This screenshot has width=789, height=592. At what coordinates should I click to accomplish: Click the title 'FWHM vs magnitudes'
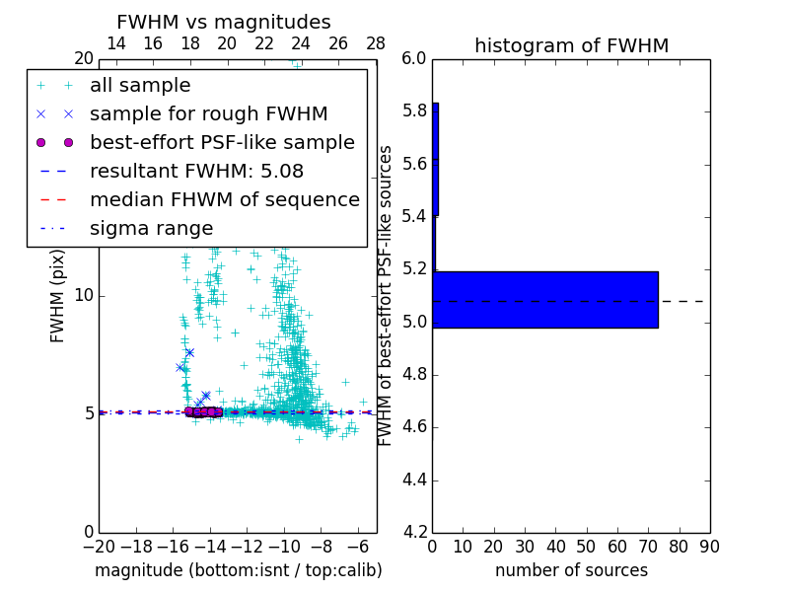(x=224, y=22)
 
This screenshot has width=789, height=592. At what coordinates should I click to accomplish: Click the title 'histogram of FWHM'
(x=571, y=45)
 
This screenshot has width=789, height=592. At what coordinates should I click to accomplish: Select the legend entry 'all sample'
(x=140, y=86)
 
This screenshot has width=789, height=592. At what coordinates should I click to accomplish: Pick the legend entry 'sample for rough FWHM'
(x=209, y=114)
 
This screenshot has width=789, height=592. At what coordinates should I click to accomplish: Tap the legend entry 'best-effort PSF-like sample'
(x=222, y=143)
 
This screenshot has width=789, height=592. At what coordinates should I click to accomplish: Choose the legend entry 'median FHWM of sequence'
(x=224, y=200)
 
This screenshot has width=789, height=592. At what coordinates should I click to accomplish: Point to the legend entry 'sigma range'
(x=151, y=229)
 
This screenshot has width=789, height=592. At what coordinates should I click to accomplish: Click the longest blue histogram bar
(x=545, y=300)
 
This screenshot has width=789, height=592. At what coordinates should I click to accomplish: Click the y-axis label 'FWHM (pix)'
(x=58, y=296)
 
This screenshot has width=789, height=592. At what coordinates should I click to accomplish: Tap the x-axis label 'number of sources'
(x=571, y=570)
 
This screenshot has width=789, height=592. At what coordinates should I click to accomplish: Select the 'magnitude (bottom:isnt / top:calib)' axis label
(x=238, y=570)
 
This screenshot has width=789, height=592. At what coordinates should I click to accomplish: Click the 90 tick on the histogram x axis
(x=709, y=547)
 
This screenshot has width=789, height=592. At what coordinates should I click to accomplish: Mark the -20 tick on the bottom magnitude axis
(x=99, y=547)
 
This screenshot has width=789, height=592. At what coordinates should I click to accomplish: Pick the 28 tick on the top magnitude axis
(x=376, y=44)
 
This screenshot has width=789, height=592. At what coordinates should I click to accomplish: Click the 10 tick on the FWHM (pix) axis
(x=84, y=295)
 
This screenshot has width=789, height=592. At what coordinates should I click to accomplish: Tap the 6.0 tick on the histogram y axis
(x=414, y=58)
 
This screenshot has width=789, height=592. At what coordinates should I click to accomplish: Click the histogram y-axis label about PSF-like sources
(x=386, y=295)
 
